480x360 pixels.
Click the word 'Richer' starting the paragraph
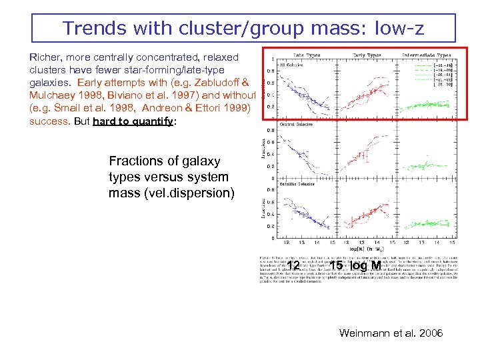tap(45, 58)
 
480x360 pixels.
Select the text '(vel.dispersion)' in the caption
tap(172, 193)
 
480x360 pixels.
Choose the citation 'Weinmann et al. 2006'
tap(391, 332)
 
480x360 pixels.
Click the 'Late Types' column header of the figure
tap(307, 55)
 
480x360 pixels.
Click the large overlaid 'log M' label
tap(361, 267)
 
